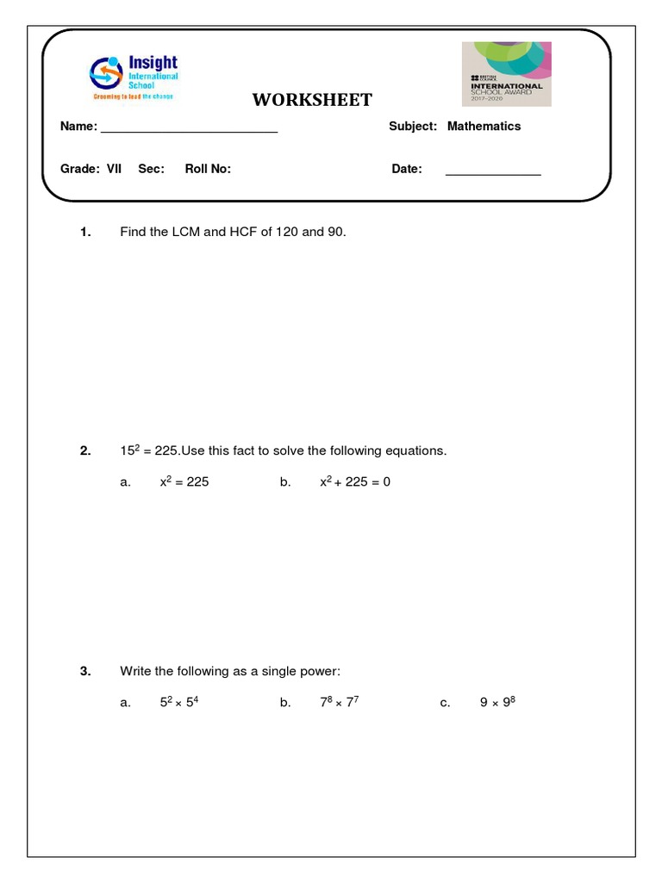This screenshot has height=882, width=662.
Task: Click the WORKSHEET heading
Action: point(312,100)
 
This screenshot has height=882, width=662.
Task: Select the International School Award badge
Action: point(506,74)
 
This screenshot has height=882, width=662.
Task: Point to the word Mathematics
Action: point(484,126)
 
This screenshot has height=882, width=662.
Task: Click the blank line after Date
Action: point(492,173)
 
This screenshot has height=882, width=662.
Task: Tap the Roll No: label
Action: point(208,169)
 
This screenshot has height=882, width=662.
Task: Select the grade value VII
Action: point(114,169)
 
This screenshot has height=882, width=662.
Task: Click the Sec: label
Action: point(151,169)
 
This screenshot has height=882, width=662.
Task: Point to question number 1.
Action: point(84,232)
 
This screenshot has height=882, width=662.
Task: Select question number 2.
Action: point(84,450)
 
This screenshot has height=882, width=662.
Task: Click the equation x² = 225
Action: point(184,481)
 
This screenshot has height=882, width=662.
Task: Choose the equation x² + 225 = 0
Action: point(354,481)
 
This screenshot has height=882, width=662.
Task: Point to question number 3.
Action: point(84,671)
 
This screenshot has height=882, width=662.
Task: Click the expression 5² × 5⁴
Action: point(180,702)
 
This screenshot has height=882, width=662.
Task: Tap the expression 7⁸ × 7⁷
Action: point(338,702)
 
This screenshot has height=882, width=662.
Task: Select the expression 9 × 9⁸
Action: point(497,702)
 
